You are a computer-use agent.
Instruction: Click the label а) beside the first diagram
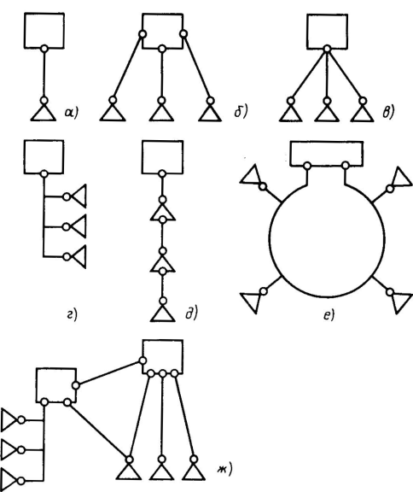pos(72,113)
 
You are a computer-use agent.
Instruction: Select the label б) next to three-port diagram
pos(241,111)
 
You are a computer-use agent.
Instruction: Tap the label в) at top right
pos(388,113)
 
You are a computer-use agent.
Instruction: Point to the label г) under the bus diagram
pos(72,314)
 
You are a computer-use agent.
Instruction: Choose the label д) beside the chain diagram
pos(191,313)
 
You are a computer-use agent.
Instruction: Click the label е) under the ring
pos(329,315)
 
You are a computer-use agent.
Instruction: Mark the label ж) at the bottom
pos(224,469)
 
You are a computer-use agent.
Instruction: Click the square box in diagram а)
pos(44,31)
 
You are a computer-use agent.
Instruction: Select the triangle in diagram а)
pos(44,114)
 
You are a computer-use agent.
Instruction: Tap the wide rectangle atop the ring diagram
pos(327,154)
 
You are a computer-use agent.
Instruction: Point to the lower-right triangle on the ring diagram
pos(401,302)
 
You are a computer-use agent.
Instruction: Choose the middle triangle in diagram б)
pos(161,114)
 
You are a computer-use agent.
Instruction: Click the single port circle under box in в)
pos(327,49)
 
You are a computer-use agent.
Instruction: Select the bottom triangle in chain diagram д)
pos(163,313)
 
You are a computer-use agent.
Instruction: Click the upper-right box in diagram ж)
pos(163,357)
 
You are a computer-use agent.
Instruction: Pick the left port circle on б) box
pos(143,34)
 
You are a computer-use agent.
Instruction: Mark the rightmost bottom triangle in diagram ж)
pos(194,471)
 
